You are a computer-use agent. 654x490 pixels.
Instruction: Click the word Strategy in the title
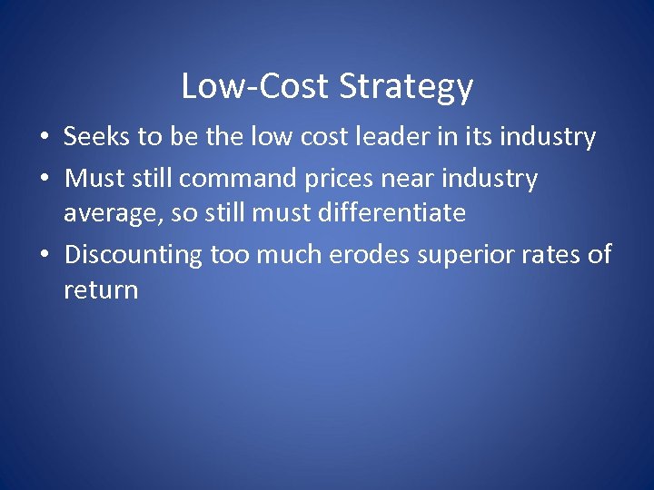[x=407, y=87]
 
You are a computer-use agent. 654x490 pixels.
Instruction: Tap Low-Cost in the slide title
[x=256, y=86]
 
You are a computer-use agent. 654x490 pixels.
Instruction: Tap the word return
[x=101, y=290]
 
